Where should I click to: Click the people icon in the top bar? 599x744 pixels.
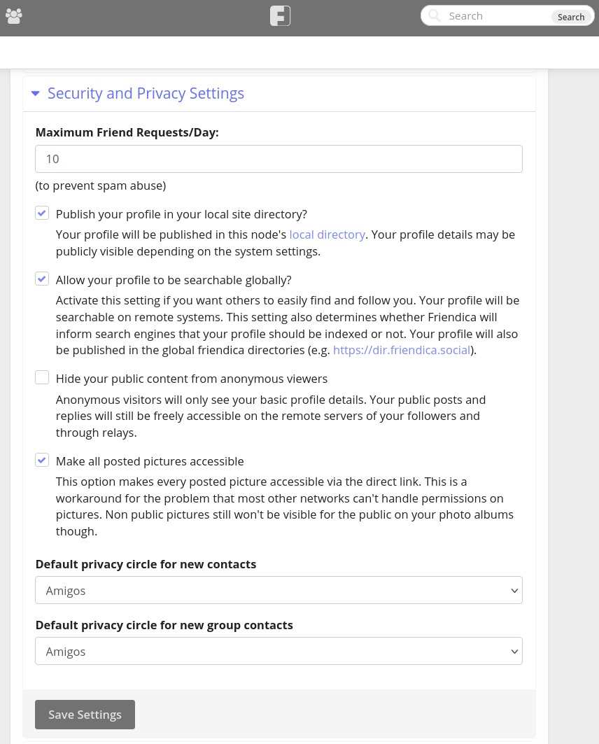click(x=13, y=16)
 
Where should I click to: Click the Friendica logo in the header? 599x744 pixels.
click(x=280, y=16)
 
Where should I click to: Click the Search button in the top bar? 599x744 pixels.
click(x=570, y=17)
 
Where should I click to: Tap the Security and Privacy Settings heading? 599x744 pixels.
click(x=146, y=94)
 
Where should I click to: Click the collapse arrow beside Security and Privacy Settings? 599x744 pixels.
click(x=36, y=94)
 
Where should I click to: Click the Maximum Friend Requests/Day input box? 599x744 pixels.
click(x=279, y=159)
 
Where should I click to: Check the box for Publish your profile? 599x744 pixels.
click(x=42, y=213)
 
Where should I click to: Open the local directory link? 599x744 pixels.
click(x=327, y=234)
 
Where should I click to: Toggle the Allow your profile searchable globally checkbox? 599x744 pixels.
click(x=42, y=279)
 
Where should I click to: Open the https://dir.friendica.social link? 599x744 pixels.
click(x=402, y=350)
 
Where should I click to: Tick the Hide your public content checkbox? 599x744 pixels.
click(x=42, y=378)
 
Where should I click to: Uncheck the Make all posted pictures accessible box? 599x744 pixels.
click(x=42, y=461)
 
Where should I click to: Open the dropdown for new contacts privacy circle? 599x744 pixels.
click(x=279, y=590)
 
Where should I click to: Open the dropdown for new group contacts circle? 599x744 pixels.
click(x=279, y=651)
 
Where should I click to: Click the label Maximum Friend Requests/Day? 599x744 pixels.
click(x=127, y=132)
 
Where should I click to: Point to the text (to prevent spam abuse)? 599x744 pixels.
click(x=100, y=185)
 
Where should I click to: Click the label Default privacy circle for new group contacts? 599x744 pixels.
click(x=164, y=625)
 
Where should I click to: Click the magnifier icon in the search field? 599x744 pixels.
click(x=435, y=16)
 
